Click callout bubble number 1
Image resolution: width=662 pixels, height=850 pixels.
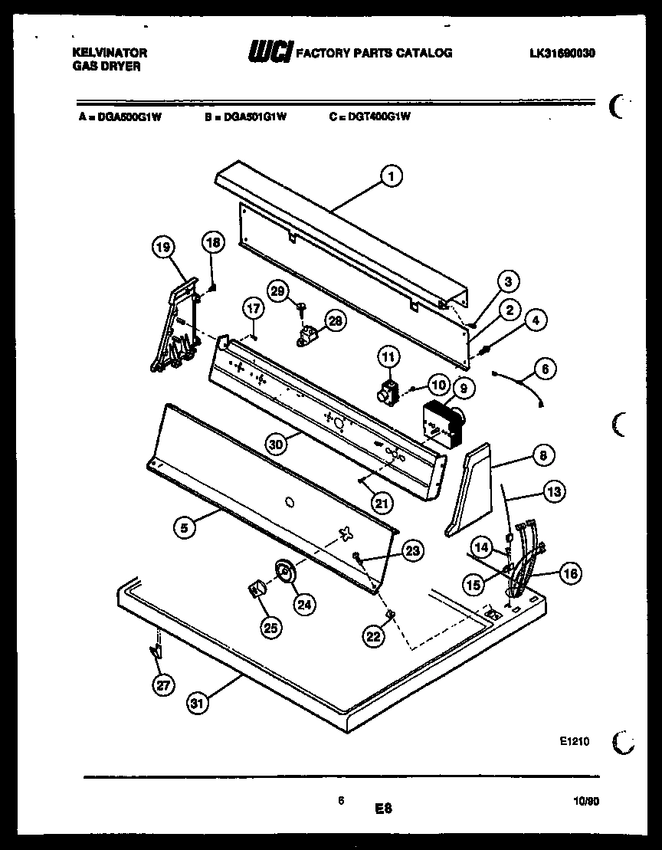pyautogui.click(x=391, y=177)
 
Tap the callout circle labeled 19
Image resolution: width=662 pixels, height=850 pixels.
pyautogui.click(x=163, y=247)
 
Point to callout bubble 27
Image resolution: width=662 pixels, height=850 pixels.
pyautogui.click(x=162, y=685)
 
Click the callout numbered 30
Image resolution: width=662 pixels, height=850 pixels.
pyautogui.click(x=277, y=444)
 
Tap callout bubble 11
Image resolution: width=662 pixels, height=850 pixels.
pyautogui.click(x=388, y=356)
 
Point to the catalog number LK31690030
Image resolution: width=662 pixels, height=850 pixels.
pyautogui.click(x=562, y=54)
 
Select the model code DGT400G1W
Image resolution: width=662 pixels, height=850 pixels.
pyautogui.click(x=369, y=117)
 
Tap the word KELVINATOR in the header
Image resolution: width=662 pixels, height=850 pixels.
pyautogui.click(x=110, y=54)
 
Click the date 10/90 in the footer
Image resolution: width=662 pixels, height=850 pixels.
pyautogui.click(x=586, y=800)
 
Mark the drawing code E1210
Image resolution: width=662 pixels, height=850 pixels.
pyautogui.click(x=575, y=742)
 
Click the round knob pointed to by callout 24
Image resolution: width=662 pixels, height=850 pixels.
pyautogui.click(x=283, y=571)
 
